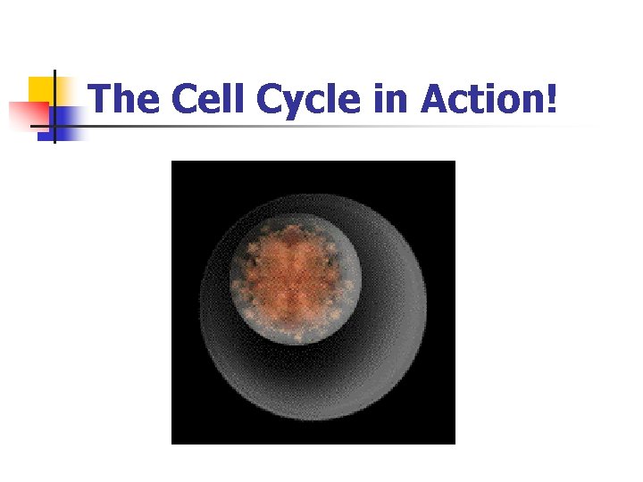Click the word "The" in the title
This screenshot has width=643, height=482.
(x=126, y=99)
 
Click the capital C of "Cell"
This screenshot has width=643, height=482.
(x=185, y=99)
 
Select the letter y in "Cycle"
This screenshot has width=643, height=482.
(x=294, y=104)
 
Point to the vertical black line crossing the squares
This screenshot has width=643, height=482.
(x=54, y=107)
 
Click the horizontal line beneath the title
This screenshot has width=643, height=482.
(x=339, y=126)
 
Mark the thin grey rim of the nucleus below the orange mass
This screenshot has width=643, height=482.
(x=295, y=344)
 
